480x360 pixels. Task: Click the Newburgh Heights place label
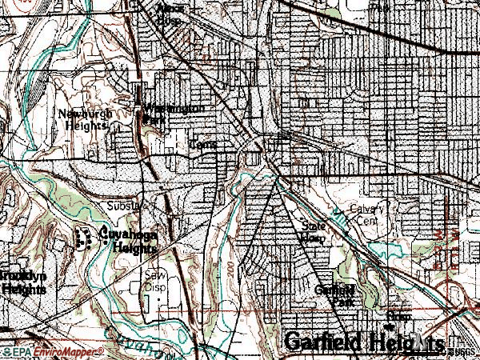[x=83, y=119]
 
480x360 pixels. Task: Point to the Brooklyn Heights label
[x=22, y=282]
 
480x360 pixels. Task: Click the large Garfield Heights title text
[x=363, y=342]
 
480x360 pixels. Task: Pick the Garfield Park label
[x=334, y=296]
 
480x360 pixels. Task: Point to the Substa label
[x=124, y=206]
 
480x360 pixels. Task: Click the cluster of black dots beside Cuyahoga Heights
[x=83, y=237]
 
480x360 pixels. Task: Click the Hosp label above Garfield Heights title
[x=397, y=317]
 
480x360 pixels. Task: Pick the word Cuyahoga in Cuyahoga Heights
[x=128, y=235]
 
